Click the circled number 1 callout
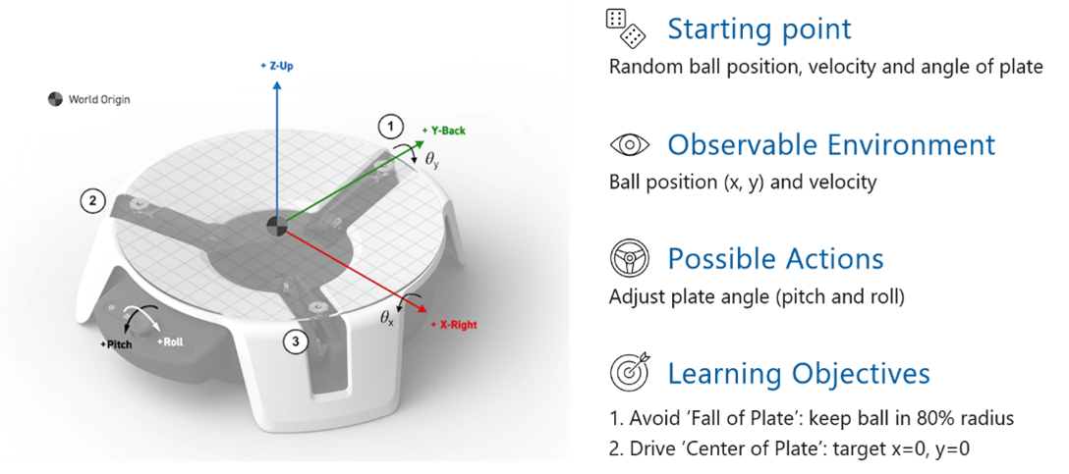click(x=391, y=126)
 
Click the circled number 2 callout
click(x=92, y=201)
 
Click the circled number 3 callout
click(x=296, y=342)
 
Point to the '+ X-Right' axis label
click(x=454, y=324)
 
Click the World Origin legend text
click(x=98, y=99)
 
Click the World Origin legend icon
click(x=55, y=99)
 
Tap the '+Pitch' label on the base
click(x=118, y=345)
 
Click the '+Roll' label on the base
click(x=172, y=342)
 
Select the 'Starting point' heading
click(x=759, y=29)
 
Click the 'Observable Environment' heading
click(x=831, y=145)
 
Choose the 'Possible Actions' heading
click(x=775, y=260)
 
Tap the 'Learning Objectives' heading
click(x=798, y=374)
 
